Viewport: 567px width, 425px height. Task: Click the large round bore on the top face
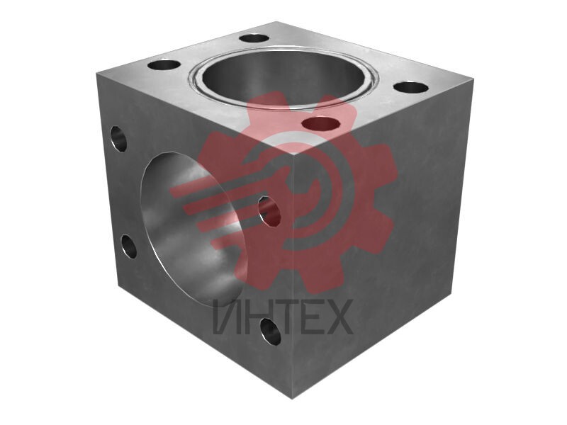click(283, 78)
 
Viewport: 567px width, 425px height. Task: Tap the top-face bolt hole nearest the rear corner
click(254, 38)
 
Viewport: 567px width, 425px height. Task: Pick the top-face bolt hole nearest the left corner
click(164, 66)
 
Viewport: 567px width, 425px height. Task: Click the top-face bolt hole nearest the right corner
click(411, 88)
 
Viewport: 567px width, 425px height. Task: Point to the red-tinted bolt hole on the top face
click(321, 124)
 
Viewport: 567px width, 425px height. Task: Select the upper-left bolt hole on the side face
click(118, 138)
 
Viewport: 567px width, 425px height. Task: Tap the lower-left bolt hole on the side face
click(129, 246)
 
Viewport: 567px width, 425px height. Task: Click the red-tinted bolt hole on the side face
click(270, 211)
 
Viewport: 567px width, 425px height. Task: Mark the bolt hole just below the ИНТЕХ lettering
click(271, 331)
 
